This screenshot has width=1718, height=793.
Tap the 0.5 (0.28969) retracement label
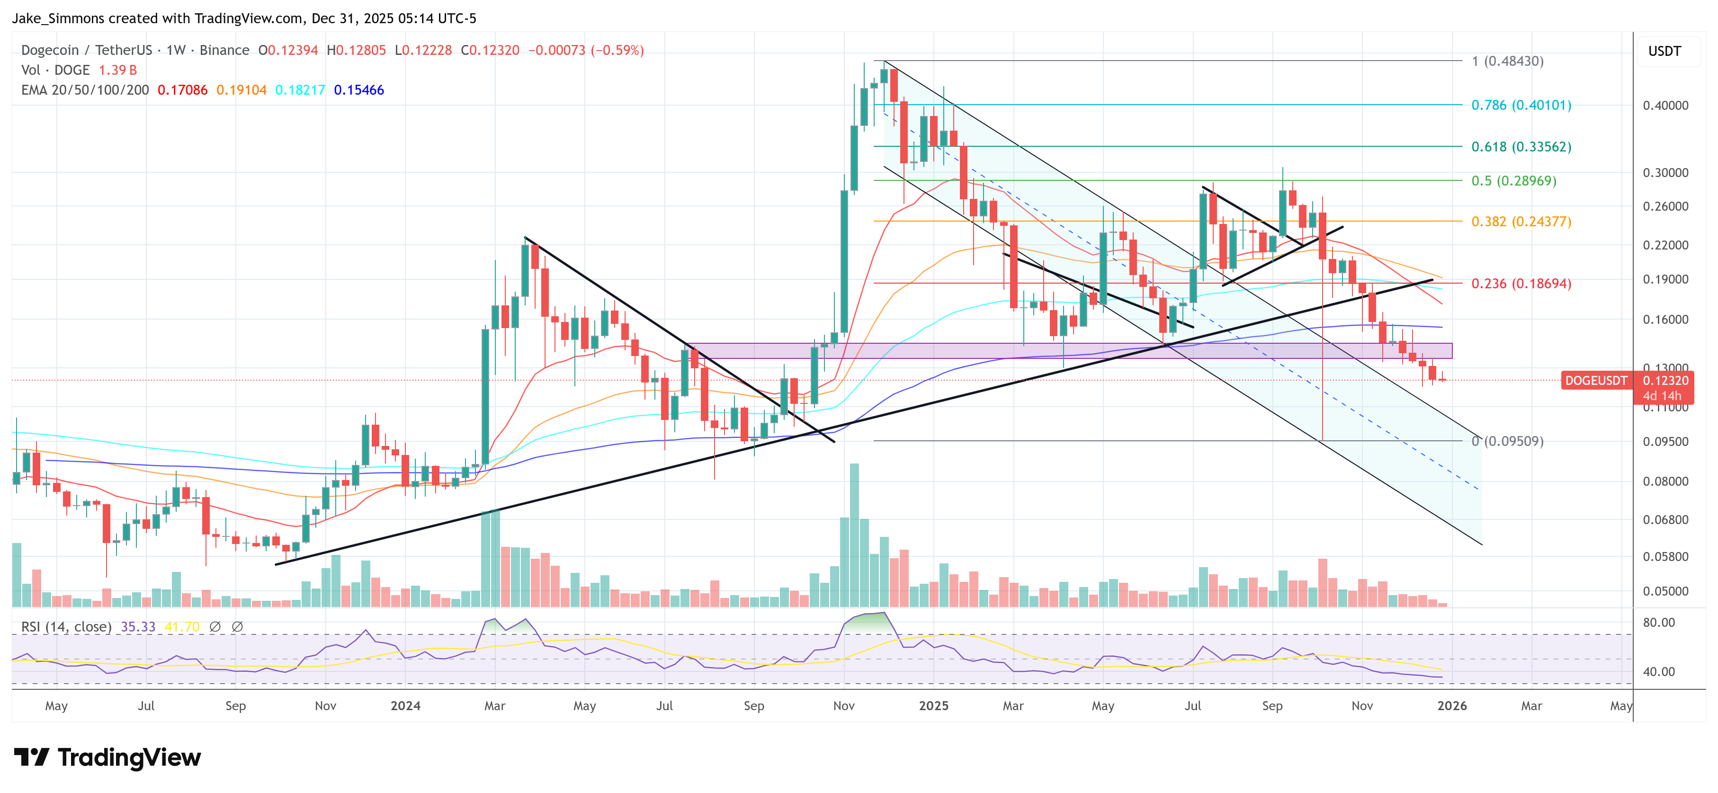(1513, 181)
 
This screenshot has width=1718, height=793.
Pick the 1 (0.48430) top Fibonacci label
(1507, 62)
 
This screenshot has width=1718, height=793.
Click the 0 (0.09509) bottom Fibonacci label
(1507, 441)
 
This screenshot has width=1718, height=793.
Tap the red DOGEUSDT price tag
(1596, 381)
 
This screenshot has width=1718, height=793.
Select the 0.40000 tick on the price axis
(1665, 106)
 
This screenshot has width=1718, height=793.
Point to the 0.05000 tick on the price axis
(1665, 591)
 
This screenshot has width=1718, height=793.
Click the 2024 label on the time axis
(405, 705)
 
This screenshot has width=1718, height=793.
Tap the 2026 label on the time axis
(1451, 705)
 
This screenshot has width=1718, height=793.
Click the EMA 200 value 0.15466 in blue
(359, 90)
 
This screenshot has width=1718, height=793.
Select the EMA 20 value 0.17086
(182, 90)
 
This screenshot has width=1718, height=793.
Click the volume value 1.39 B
(117, 70)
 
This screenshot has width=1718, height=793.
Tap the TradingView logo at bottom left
(107, 757)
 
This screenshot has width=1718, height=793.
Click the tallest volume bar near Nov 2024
(854, 534)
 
